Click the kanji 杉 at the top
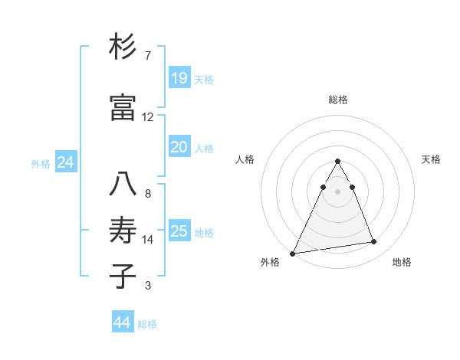[123, 48]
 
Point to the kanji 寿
[123, 229]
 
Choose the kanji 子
[123, 276]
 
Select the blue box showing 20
[179, 147]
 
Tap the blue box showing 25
[179, 231]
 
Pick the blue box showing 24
[65, 162]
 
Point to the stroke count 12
[148, 117]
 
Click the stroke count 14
[148, 240]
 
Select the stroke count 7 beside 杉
[148, 56]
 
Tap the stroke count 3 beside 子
[148, 286]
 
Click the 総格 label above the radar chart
[338, 100]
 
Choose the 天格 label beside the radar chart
[432, 159]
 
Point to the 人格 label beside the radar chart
[245, 159]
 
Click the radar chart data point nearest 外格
[293, 253]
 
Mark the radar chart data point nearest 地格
[374, 242]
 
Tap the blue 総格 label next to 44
[147, 324]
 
